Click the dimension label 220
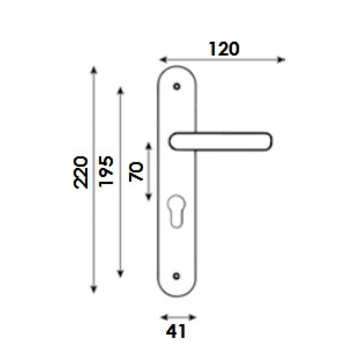(81, 172)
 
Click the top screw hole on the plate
(177, 87)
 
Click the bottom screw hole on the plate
(177, 275)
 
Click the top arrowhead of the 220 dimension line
(94, 70)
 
